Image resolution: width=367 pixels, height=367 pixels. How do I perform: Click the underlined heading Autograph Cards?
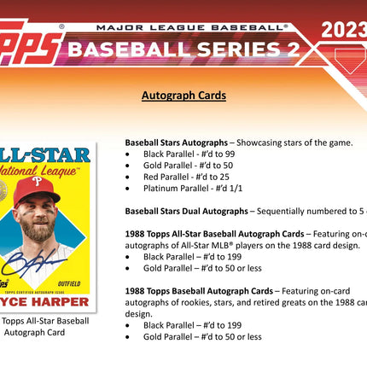click(x=183, y=96)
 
